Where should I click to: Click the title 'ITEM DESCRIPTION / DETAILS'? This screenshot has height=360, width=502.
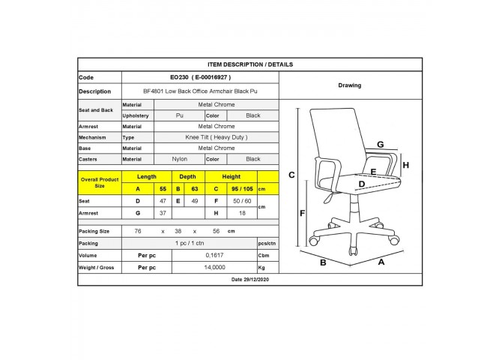click(x=250, y=64)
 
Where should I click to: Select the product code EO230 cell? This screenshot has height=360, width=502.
click(x=200, y=77)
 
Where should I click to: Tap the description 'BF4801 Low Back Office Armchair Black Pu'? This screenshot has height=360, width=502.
click(x=200, y=91)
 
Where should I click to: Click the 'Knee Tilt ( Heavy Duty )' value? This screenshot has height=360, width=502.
click(x=217, y=137)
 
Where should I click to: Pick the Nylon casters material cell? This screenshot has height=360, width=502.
click(x=179, y=159)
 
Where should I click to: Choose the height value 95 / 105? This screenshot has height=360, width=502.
click(x=242, y=189)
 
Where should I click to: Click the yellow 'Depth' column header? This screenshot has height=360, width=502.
click(x=187, y=177)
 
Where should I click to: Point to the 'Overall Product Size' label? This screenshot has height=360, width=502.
click(x=100, y=183)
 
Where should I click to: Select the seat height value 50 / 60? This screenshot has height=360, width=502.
click(x=242, y=201)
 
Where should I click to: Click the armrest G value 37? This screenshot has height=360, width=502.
click(x=163, y=213)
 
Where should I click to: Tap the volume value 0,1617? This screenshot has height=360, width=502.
click(x=214, y=255)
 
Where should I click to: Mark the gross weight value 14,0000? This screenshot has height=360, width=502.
click(x=214, y=267)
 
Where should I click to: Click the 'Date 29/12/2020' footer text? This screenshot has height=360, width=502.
click(x=250, y=280)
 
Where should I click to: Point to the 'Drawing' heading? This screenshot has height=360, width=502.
click(x=350, y=85)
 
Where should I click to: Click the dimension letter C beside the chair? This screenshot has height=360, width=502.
click(x=291, y=175)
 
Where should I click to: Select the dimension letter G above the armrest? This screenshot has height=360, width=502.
click(x=381, y=144)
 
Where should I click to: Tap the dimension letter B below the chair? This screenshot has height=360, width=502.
click(x=323, y=262)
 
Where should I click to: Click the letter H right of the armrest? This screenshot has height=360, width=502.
click(x=405, y=165)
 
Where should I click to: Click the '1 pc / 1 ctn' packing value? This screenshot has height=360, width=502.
click(x=190, y=243)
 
